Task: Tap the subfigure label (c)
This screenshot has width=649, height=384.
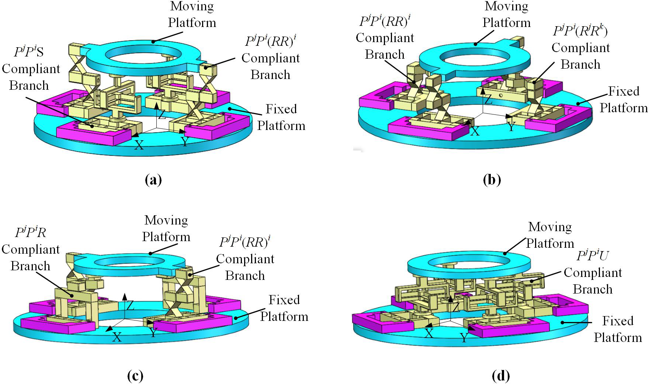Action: pyautogui.click(x=135, y=376)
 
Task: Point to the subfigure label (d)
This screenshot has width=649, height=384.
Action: pyautogui.click(x=501, y=376)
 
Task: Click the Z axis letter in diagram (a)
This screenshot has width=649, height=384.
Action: pyautogui.click(x=162, y=114)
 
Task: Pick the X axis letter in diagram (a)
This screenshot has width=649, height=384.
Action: pyautogui.click(x=139, y=145)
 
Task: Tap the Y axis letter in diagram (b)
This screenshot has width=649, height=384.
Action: pyautogui.click(x=511, y=127)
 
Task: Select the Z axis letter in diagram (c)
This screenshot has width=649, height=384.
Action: pyautogui.click(x=130, y=305)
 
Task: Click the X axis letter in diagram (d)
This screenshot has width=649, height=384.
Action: pyautogui.click(x=429, y=333)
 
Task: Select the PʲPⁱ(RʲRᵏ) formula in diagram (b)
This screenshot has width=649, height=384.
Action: pyautogui.click(x=580, y=31)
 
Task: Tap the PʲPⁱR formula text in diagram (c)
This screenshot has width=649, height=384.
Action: pyautogui.click(x=31, y=233)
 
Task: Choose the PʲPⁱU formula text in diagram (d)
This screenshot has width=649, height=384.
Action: pyautogui.click(x=593, y=256)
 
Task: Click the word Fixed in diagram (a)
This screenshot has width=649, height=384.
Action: pyautogui.click(x=281, y=109)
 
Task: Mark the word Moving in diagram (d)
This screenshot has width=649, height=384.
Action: pyautogui.click(x=550, y=227)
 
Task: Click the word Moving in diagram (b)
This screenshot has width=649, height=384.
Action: pyautogui.click(x=506, y=6)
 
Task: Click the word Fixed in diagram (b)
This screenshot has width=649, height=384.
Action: pyautogui.click(x=624, y=91)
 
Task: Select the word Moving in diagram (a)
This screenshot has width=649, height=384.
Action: pyautogui.click(x=192, y=6)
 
